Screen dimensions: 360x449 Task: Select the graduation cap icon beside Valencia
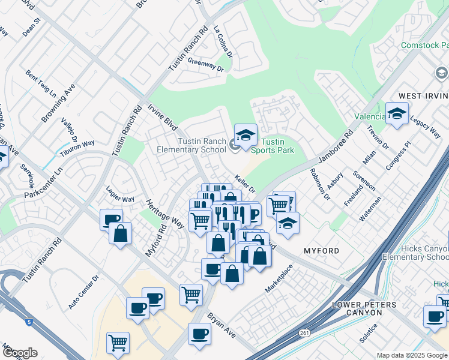[397, 113]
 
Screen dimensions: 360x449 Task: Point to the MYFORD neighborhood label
[321, 251]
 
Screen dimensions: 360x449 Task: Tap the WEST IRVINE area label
[423, 96]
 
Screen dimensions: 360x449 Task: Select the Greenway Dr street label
[205, 62]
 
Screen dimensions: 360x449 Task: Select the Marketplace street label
[279, 280]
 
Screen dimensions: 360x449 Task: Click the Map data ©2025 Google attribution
[412, 355]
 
